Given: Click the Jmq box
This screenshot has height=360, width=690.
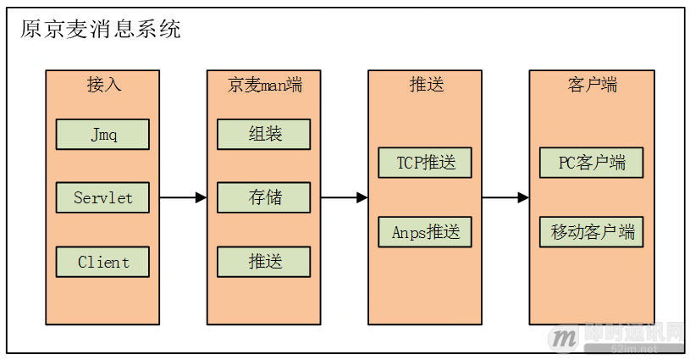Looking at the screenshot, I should (102, 134).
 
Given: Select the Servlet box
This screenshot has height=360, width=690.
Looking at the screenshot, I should (102, 197).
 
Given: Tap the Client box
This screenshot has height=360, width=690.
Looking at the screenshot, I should (102, 262).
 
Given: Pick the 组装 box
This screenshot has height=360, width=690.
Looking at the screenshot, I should (264, 134).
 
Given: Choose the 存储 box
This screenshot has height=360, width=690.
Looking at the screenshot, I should (264, 197).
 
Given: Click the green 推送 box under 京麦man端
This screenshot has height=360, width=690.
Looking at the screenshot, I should (264, 262).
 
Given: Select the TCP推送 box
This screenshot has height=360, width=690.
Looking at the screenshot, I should (426, 163).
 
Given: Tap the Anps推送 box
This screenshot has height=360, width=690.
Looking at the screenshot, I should (426, 232).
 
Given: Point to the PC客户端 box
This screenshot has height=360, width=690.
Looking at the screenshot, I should (588, 163).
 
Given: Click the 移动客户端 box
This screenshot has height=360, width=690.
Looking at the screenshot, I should (588, 232).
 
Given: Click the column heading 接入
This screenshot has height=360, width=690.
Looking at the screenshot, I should (102, 85).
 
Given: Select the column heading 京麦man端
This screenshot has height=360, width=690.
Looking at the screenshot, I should (264, 85).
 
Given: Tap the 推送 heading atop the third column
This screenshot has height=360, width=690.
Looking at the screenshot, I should (426, 85).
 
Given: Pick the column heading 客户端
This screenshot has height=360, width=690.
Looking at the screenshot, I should (588, 85).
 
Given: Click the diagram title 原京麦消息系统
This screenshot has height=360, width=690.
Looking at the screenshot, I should (101, 30).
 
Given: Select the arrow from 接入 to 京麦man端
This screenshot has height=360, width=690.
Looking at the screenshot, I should (183, 198).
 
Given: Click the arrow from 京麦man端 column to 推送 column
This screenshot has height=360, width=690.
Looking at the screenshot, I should (345, 198).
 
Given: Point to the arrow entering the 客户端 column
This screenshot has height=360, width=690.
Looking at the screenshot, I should (506, 198).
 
